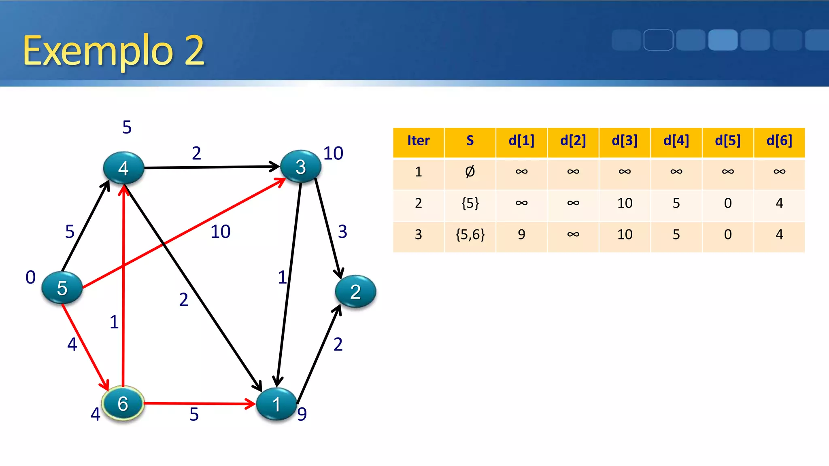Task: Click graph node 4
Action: pos(123,168)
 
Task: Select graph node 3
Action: pos(300,167)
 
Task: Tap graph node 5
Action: pos(62,288)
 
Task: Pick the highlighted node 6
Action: pos(123,403)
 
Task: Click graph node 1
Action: pos(276,404)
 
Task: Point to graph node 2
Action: pos(355,291)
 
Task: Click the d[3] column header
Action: pos(625,141)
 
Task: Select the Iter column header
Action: pos(418,141)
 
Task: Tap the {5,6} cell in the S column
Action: pos(470,235)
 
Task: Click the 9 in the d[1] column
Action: pos(521,235)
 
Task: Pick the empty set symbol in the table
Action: pos(470,172)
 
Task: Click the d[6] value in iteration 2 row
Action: pos(779,203)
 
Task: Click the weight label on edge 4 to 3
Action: pos(196,153)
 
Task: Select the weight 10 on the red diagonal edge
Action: pos(221,232)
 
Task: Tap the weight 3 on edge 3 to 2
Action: pos(342,232)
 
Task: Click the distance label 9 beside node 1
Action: pos(302,414)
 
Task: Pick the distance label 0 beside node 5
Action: pos(30,277)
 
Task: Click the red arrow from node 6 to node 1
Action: pos(198,403)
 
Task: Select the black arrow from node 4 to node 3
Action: pos(210,167)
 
